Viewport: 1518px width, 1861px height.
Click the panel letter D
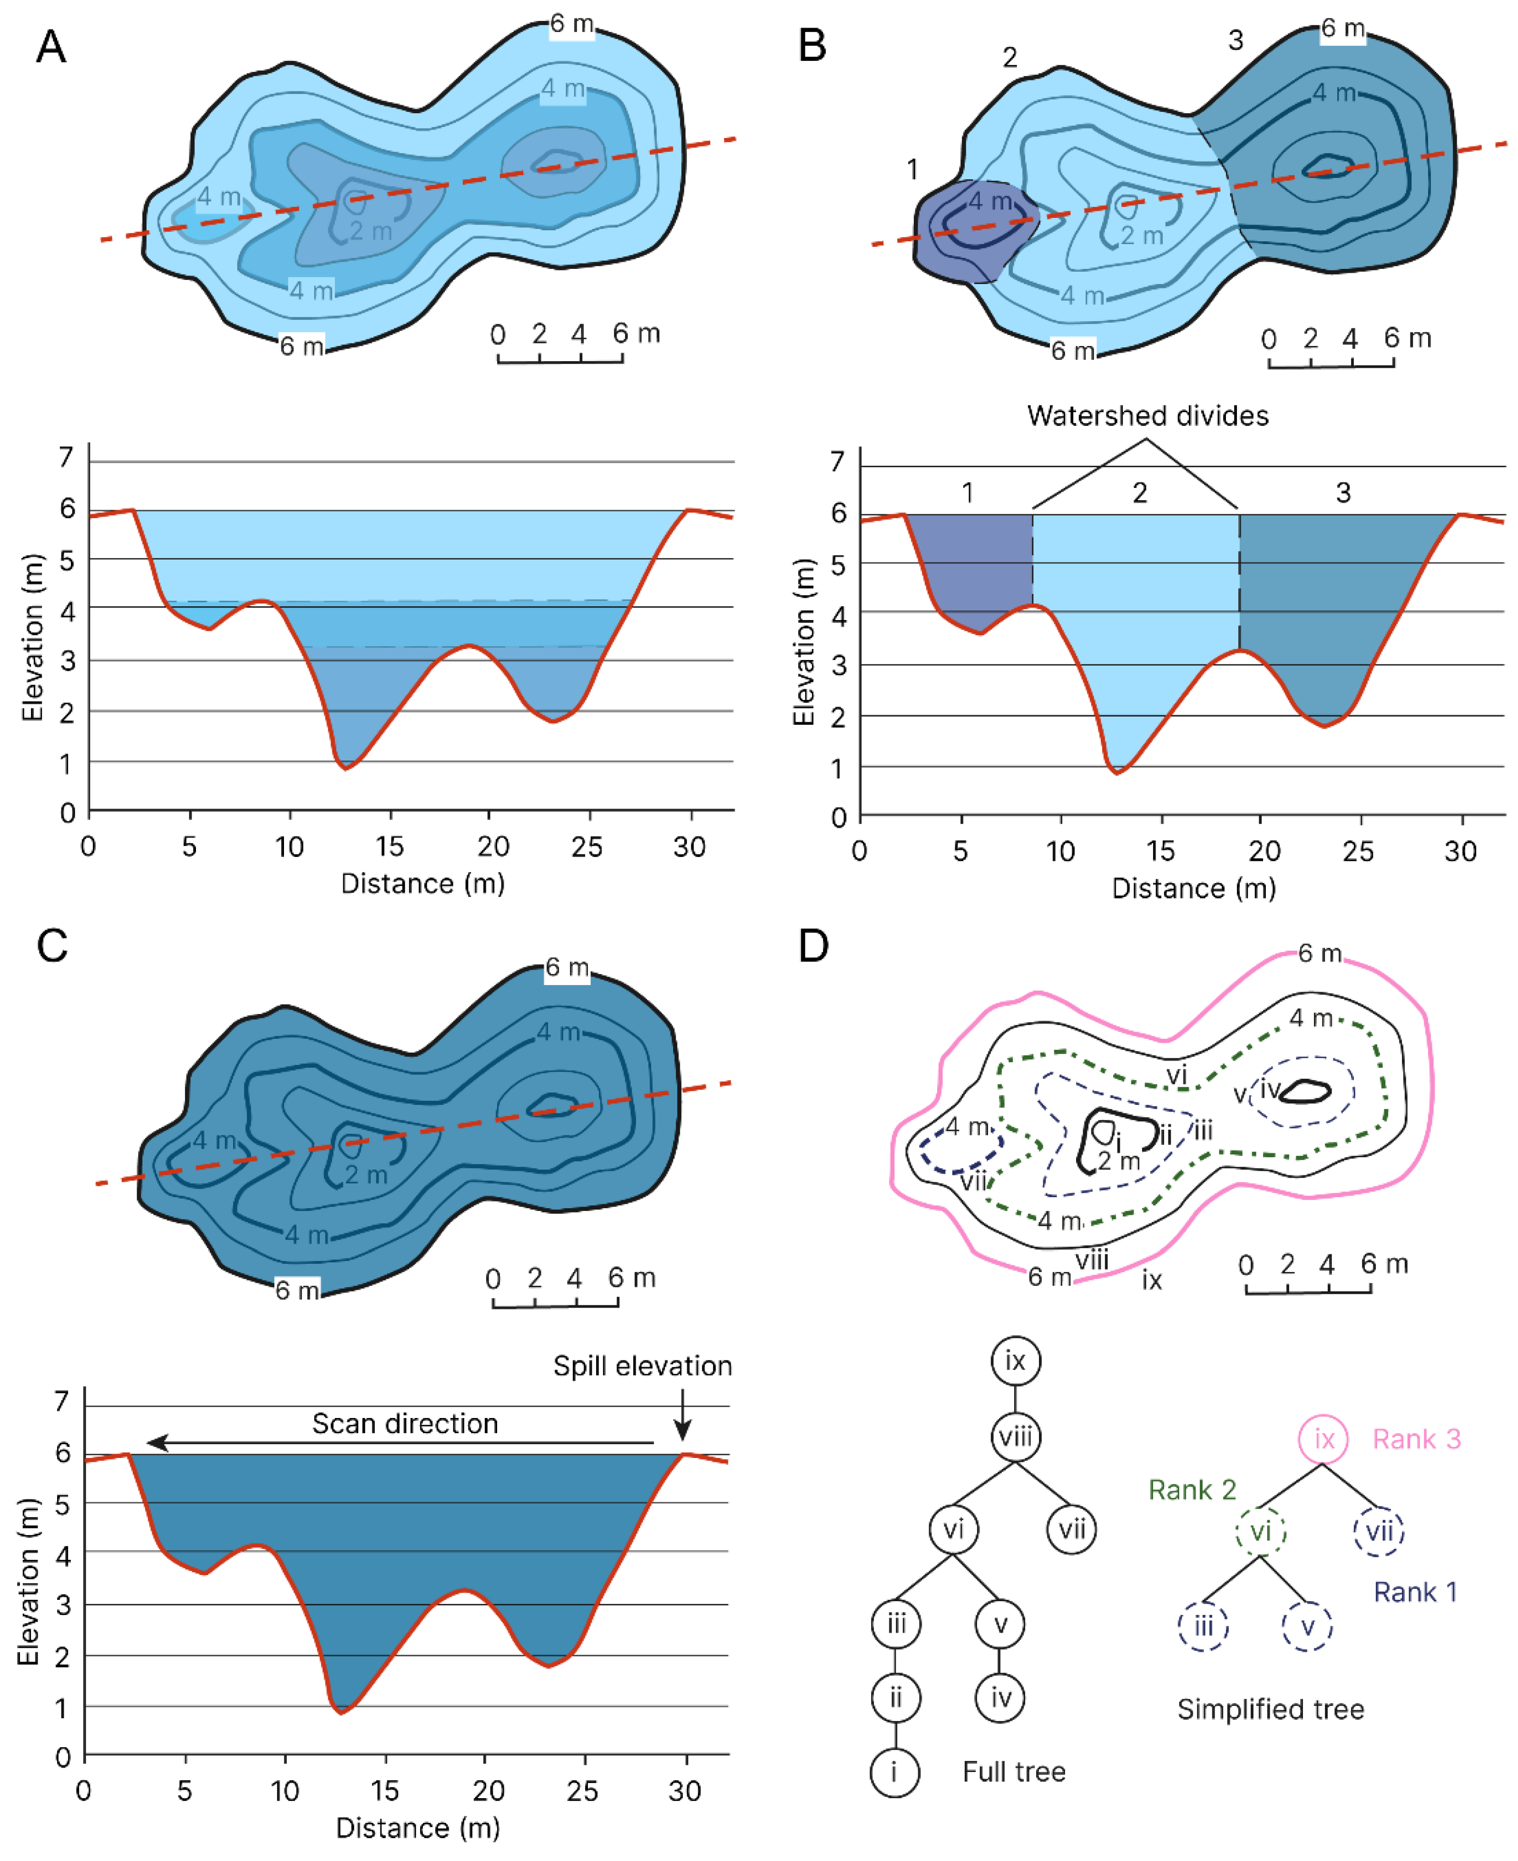click(813, 946)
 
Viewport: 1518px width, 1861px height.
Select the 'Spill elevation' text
click(642, 1366)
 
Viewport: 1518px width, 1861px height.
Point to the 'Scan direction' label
click(405, 1424)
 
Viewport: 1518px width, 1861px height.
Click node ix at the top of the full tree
click(1015, 1361)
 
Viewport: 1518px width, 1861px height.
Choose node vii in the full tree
click(1072, 1529)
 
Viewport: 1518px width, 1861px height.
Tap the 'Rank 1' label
click(1415, 1592)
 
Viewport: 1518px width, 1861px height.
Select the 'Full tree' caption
click(1013, 1772)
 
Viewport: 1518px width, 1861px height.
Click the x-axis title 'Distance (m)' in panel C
click(418, 1828)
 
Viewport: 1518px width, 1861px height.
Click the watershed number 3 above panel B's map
click(1235, 40)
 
